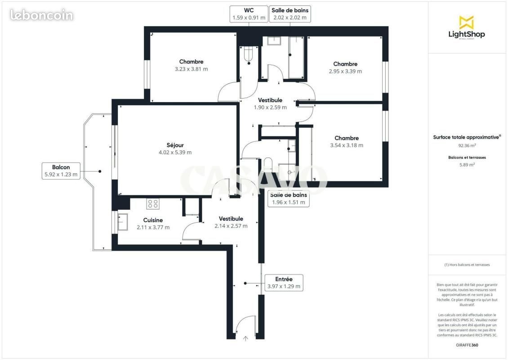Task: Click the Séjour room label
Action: (x=175, y=145)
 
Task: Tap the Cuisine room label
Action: (x=153, y=220)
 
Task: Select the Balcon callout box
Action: (x=61, y=171)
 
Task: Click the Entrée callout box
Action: (x=284, y=283)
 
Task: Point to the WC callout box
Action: (x=249, y=14)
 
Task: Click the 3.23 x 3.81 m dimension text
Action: (x=192, y=69)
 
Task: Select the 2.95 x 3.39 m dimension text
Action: (x=345, y=72)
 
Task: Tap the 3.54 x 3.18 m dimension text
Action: (x=347, y=145)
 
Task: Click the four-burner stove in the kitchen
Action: (x=152, y=204)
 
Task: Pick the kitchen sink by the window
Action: (x=122, y=222)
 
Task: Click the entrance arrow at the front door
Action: (x=245, y=338)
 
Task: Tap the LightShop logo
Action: (x=467, y=27)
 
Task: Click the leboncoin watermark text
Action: (x=42, y=15)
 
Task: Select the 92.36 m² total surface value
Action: (x=467, y=146)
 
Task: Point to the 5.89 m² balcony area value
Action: (x=467, y=165)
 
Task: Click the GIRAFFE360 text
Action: (x=467, y=345)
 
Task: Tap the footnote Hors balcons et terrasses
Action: (x=467, y=265)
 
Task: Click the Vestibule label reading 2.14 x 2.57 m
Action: (x=231, y=222)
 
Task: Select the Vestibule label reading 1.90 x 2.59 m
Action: (x=270, y=104)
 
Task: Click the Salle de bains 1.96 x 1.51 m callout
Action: (x=289, y=198)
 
